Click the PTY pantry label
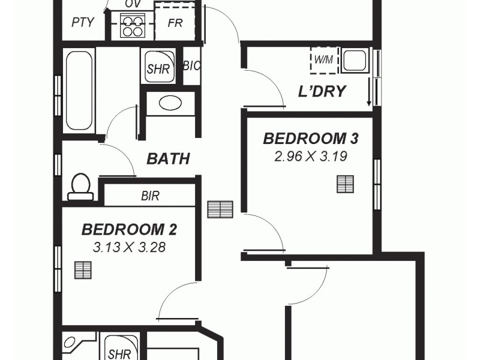[x=83, y=23]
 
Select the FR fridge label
[x=175, y=23]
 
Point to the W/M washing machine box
[x=322, y=60]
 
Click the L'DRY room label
[x=322, y=92]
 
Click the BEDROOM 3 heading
[x=311, y=139]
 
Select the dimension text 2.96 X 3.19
[x=311, y=157]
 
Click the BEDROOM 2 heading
[x=129, y=229]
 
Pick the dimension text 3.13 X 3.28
[x=129, y=247]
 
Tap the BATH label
[x=169, y=159]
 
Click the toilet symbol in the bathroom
[x=80, y=187]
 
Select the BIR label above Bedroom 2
[x=150, y=196]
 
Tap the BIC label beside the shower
[x=191, y=65]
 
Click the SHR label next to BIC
[x=158, y=68]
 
